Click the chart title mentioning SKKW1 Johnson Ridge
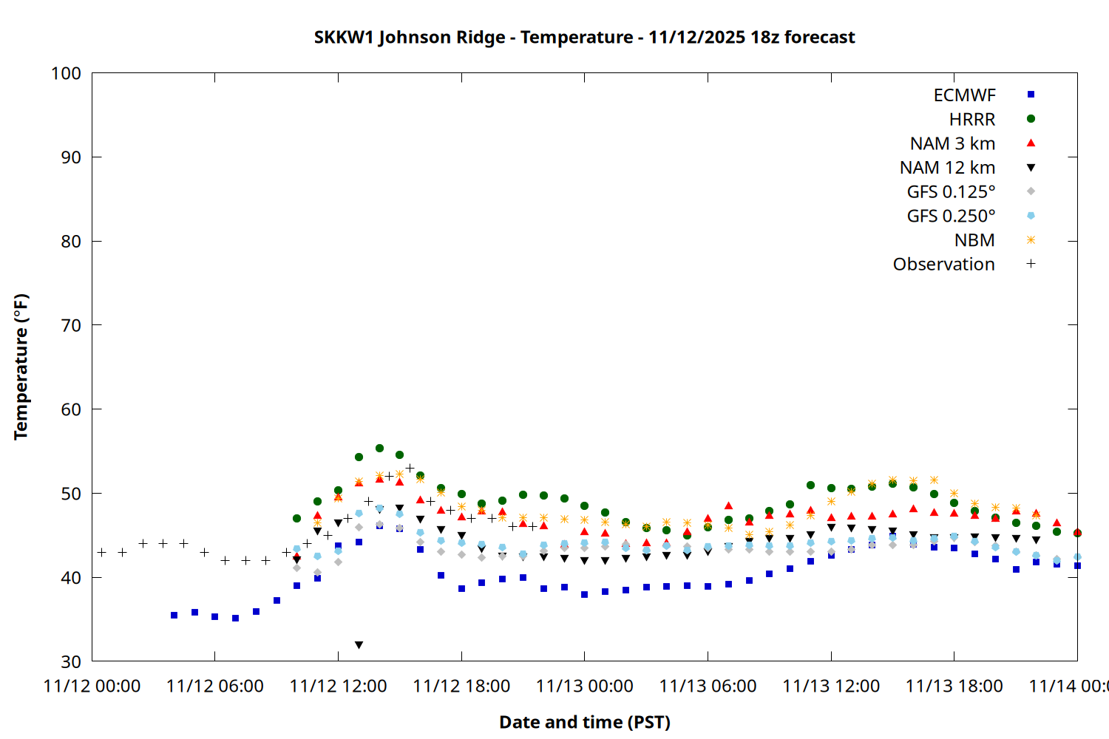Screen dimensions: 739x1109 584,38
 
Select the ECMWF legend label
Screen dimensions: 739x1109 964,95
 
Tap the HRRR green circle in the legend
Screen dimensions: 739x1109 1031,119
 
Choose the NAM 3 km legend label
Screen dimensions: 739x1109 952,143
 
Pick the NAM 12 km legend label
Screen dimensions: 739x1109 947,168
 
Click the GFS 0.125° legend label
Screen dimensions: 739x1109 951,192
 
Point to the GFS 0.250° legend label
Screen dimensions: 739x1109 951,217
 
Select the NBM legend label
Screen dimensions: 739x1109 974,240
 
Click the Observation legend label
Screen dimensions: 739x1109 943,265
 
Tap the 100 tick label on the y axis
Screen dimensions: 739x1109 66,73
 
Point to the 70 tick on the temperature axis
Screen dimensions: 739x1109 71,325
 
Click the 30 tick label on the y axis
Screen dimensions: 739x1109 71,661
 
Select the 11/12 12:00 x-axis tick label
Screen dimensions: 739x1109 338,687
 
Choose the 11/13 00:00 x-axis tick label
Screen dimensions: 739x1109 584,687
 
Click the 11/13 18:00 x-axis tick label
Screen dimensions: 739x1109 954,687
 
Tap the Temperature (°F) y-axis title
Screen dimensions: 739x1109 21,367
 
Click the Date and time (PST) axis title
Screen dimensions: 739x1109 584,722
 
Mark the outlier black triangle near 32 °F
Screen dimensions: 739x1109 359,645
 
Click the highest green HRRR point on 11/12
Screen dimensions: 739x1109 379,448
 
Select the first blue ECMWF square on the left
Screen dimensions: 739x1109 174,615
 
